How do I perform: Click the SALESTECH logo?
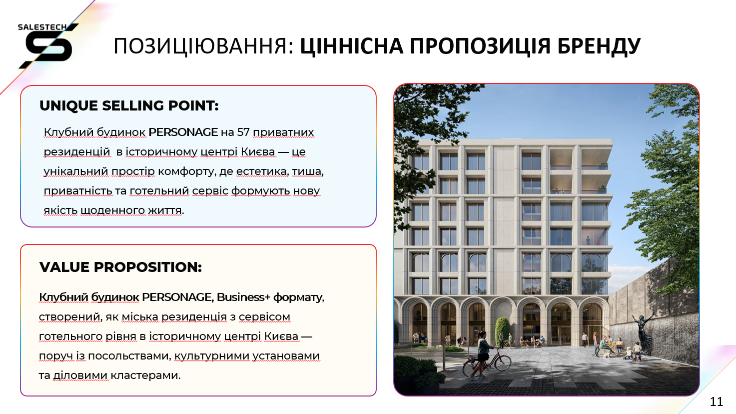48,45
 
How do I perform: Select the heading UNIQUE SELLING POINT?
129,105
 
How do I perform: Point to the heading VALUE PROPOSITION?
120,267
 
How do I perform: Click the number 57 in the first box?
243,132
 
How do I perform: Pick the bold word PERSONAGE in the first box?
183,132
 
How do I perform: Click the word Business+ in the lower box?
243,297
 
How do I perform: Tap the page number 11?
717,401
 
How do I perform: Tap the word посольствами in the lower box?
129,356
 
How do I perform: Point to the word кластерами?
145,375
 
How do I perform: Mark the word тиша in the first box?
308,171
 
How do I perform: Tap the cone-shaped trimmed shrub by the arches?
502,331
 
